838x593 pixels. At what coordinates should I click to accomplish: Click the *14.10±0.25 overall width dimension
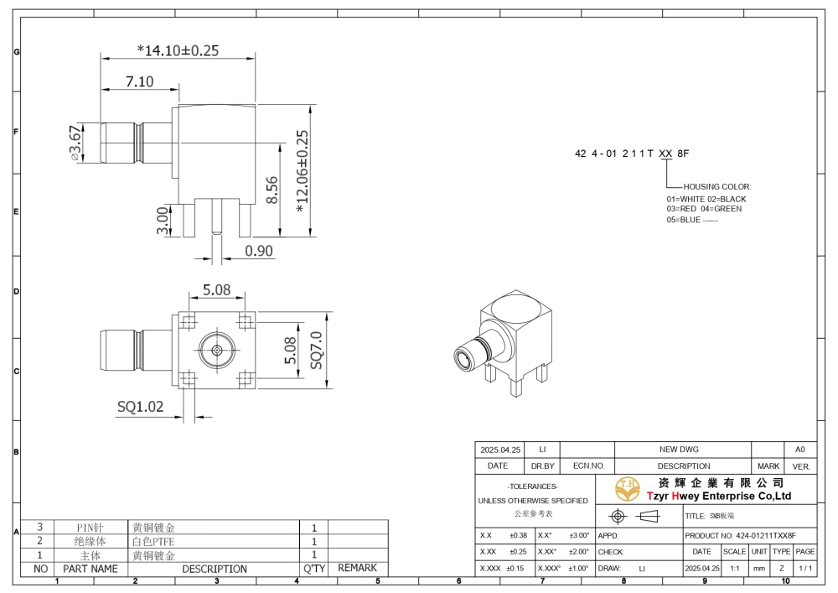pyautogui.click(x=178, y=50)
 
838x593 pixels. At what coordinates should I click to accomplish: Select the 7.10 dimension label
pyautogui.click(x=139, y=81)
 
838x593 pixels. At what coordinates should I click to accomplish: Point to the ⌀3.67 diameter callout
pyautogui.click(x=76, y=143)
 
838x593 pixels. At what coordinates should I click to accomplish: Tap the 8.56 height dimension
pyautogui.click(x=272, y=190)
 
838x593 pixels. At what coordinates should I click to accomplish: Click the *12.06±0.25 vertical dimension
pyautogui.click(x=302, y=171)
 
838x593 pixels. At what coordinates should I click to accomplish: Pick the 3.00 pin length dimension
pyautogui.click(x=163, y=221)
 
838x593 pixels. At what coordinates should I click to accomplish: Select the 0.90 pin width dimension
pyautogui.click(x=259, y=251)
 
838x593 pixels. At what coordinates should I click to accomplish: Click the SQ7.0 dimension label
pyautogui.click(x=316, y=351)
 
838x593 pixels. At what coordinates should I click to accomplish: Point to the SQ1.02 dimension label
pyautogui.click(x=141, y=407)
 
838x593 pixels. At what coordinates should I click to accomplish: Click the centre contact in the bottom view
pyautogui.click(x=216, y=351)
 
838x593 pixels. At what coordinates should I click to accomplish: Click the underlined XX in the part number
pyautogui.click(x=665, y=153)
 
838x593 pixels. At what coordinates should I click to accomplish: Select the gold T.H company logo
pyautogui.click(x=628, y=489)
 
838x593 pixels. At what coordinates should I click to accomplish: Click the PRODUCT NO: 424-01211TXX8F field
pyautogui.click(x=740, y=535)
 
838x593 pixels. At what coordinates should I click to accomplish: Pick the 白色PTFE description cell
pyautogui.click(x=153, y=541)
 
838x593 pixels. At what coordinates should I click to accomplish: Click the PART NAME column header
pyautogui.click(x=91, y=569)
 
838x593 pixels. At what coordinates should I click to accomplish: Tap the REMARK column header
pyautogui.click(x=357, y=568)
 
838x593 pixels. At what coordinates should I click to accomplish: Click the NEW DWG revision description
pyautogui.click(x=679, y=450)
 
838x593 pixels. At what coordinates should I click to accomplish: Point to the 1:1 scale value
pyautogui.click(x=735, y=569)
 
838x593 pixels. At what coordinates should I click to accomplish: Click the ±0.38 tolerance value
pyautogui.click(x=518, y=535)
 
